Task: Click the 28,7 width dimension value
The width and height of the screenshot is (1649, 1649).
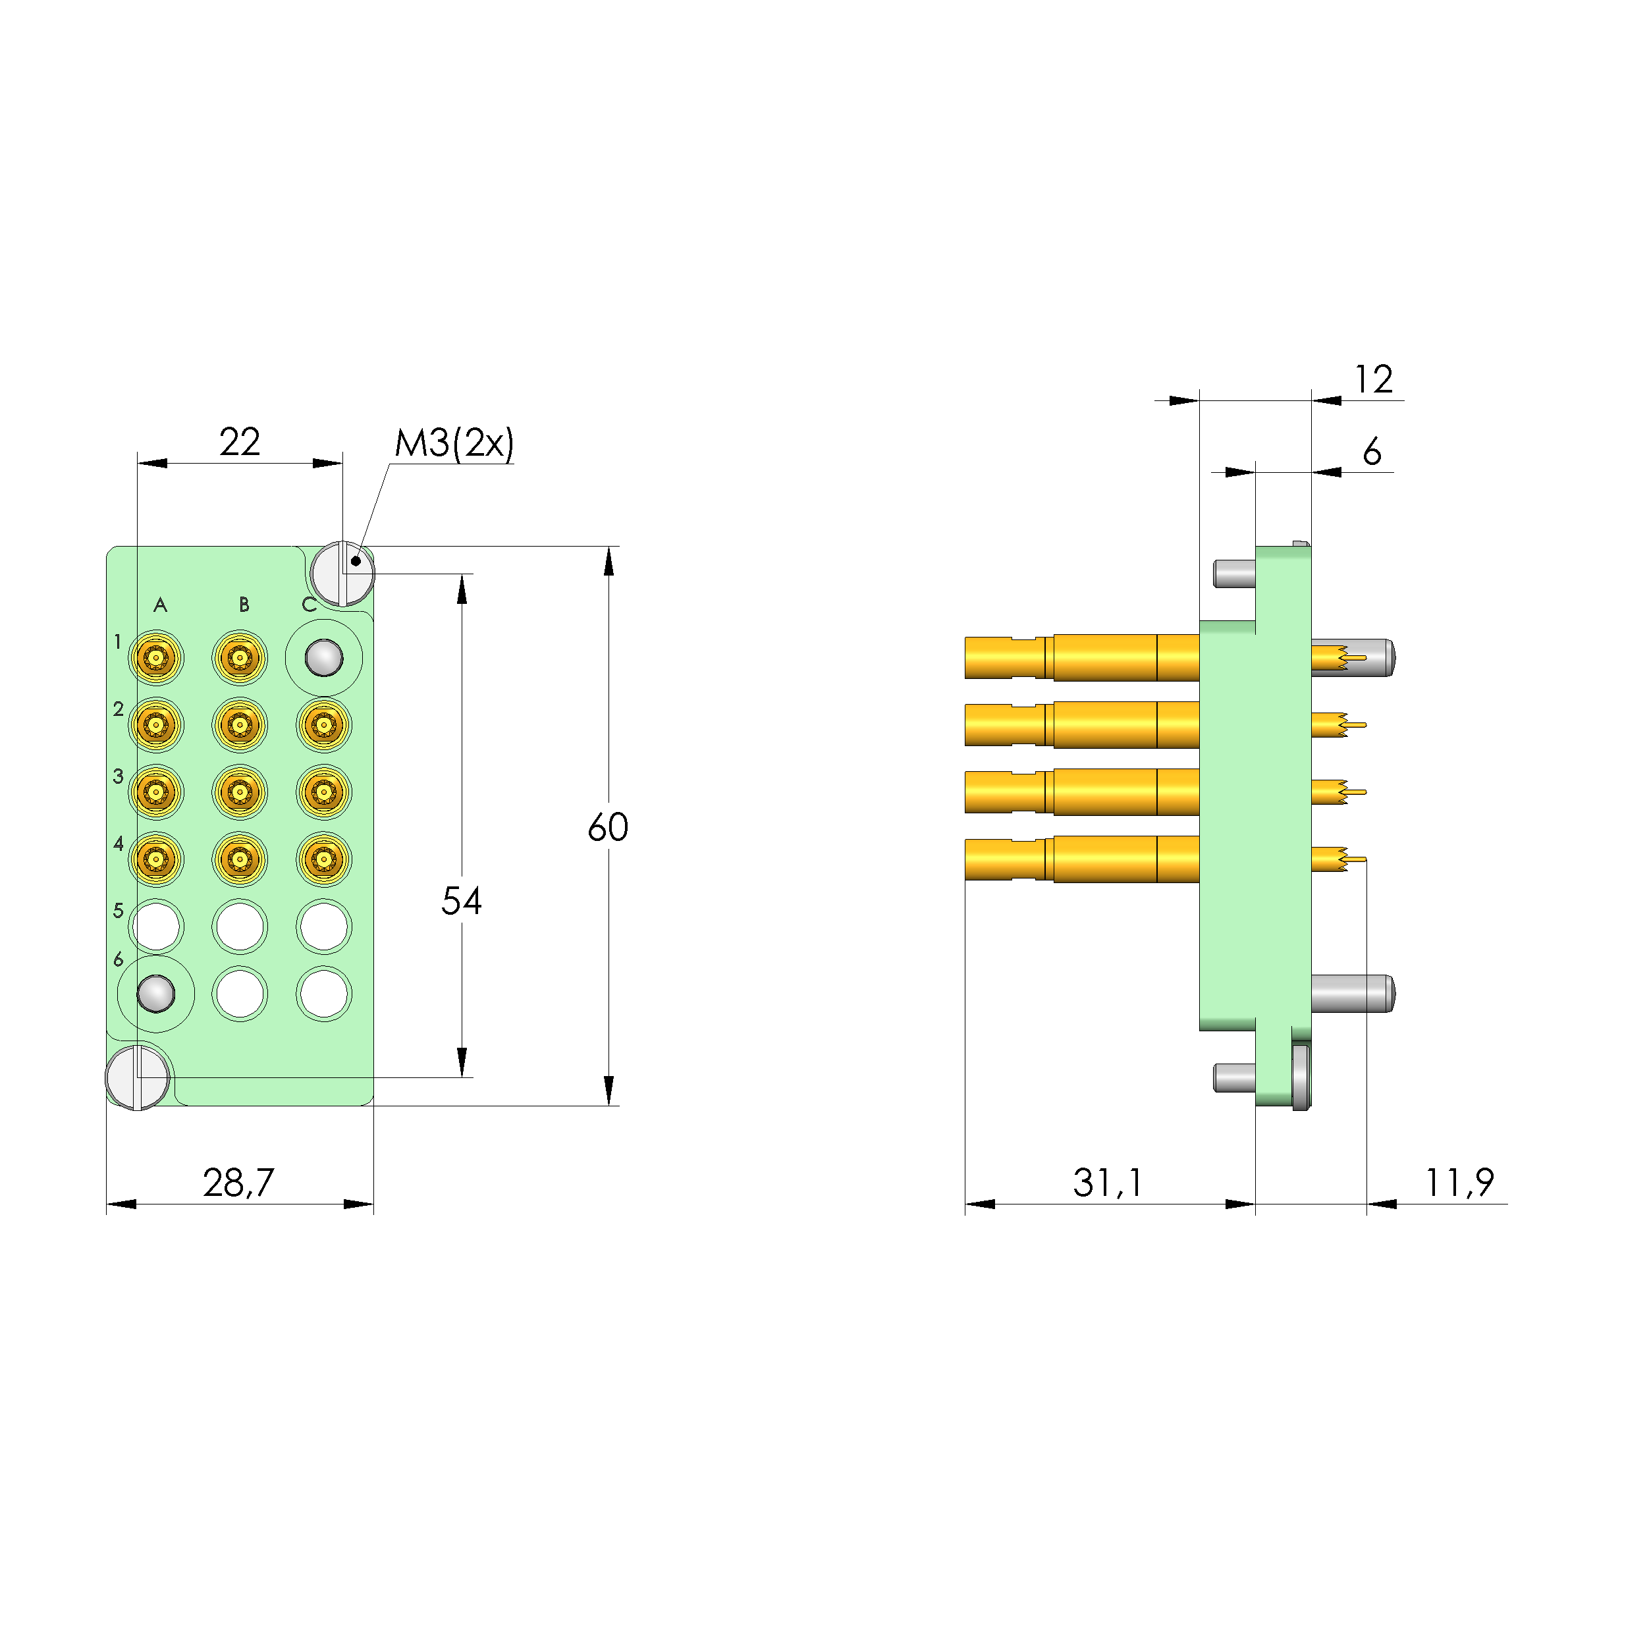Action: point(238,1182)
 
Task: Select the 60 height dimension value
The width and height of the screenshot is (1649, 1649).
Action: point(608,827)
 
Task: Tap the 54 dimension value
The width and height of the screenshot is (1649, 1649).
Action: point(461,900)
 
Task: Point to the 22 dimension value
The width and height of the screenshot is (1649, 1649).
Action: point(239,442)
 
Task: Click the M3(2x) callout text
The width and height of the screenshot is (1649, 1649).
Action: point(454,443)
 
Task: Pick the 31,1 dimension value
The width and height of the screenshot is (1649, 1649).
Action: point(1107,1182)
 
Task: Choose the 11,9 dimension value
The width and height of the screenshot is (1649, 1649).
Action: point(1459,1182)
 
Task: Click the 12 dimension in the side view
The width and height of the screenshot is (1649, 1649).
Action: point(1373,379)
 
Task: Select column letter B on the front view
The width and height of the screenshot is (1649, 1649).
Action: point(244,605)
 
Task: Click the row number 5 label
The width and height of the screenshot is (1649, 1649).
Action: point(119,911)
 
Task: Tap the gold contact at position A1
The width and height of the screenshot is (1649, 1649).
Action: point(156,658)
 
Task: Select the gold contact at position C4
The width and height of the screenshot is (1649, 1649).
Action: point(323,859)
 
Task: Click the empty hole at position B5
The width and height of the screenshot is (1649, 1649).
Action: point(240,926)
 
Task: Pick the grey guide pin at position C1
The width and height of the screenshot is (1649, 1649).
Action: point(323,658)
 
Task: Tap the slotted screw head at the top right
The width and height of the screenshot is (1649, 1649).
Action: point(343,573)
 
